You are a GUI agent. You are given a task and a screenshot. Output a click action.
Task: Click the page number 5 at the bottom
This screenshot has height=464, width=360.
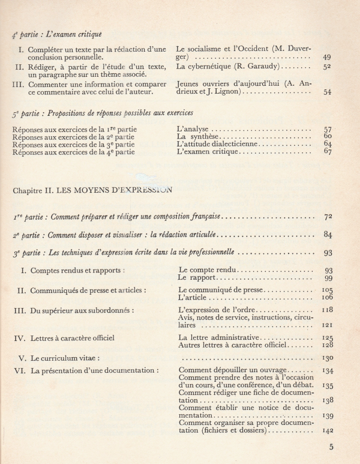tap(332, 446)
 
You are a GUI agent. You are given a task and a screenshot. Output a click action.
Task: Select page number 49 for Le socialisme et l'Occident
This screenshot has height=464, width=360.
tap(326, 57)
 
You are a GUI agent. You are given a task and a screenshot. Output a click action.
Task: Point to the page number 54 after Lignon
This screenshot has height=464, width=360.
tap(327, 92)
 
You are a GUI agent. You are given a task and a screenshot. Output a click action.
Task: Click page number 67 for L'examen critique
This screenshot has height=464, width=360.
tap(327, 152)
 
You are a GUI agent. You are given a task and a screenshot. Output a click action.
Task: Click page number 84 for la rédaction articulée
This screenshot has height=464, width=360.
tap(327, 234)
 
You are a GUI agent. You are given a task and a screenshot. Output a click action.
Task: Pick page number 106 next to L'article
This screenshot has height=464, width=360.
tap(326, 297)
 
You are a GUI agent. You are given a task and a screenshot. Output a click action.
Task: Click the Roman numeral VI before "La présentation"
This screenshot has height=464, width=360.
tap(19, 370)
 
